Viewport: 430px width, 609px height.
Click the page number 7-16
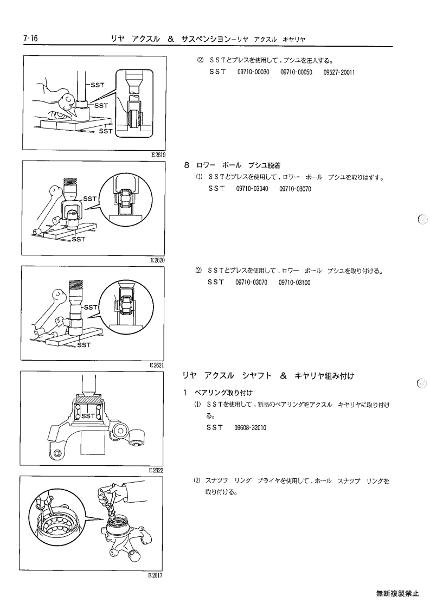(x=30, y=39)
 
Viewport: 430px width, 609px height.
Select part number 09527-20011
(x=339, y=72)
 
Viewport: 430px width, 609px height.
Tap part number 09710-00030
(x=253, y=72)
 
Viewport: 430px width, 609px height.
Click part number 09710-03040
(x=252, y=189)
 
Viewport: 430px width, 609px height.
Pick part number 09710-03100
(x=294, y=283)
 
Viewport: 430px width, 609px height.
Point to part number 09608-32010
(x=250, y=428)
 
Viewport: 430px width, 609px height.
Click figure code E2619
(x=158, y=155)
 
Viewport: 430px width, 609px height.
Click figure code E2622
(x=156, y=470)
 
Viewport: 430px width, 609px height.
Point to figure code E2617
(x=156, y=575)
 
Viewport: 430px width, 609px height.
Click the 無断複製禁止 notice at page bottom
(x=397, y=593)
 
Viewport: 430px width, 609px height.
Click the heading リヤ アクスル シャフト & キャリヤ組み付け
(x=268, y=376)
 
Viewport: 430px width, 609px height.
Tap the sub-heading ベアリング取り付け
(x=223, y=393)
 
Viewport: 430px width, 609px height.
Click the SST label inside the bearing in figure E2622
(x=88, y=415)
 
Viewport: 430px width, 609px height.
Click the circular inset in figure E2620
(x=123, y=198)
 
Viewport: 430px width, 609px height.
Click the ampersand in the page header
(x=170, y=39)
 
